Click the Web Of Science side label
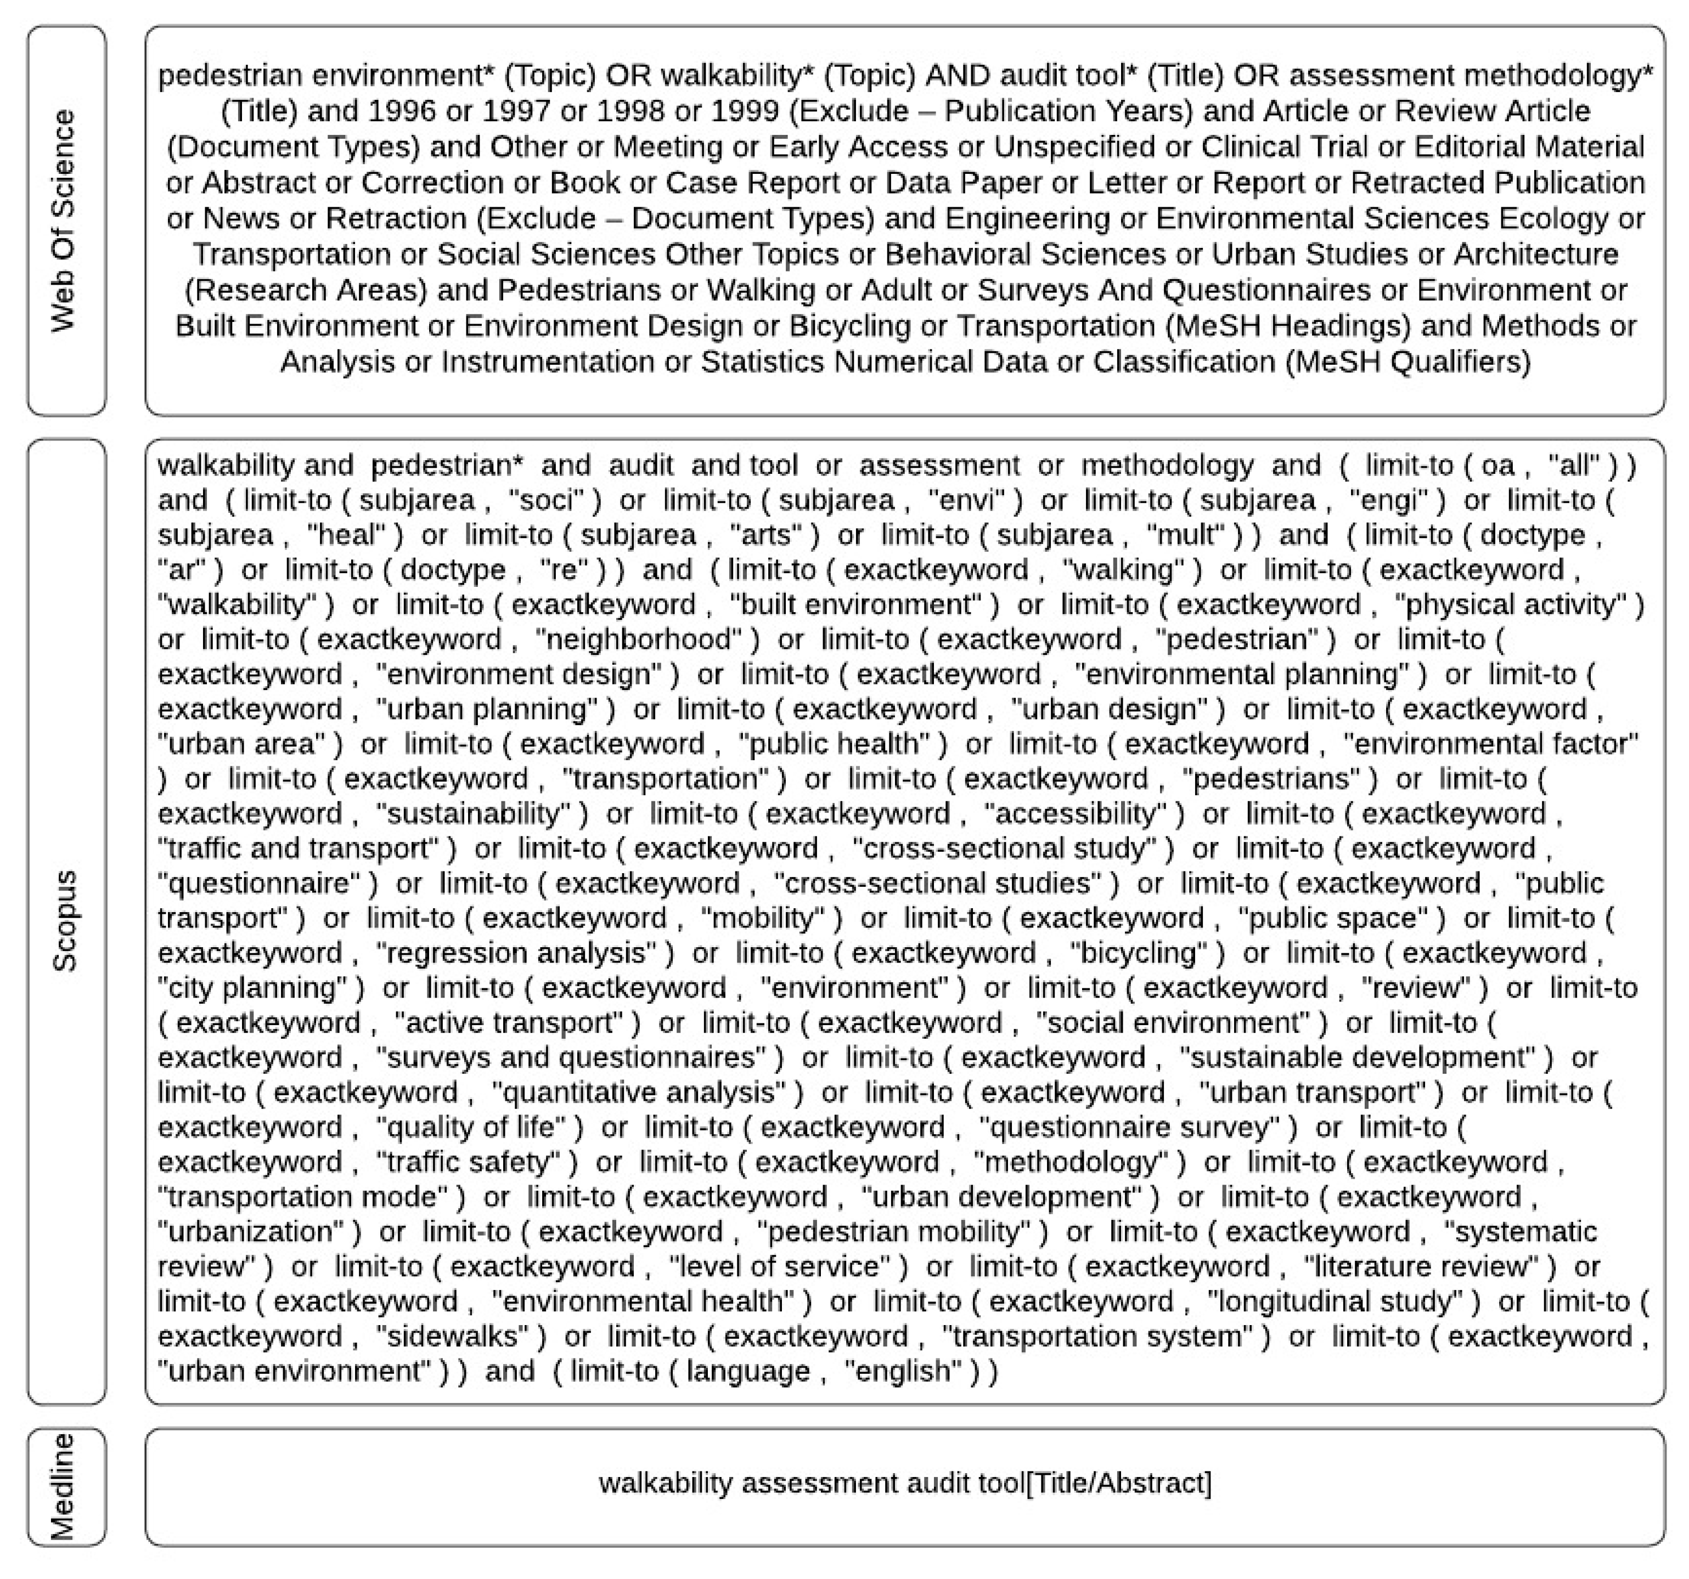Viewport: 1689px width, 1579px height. tap(65, 221)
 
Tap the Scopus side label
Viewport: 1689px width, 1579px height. tap(65, 921)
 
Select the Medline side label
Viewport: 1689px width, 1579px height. tap(65, 1486)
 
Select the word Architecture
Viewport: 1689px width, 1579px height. tap(1535, 254)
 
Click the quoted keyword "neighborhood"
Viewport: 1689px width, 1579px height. tap(648, 639)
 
